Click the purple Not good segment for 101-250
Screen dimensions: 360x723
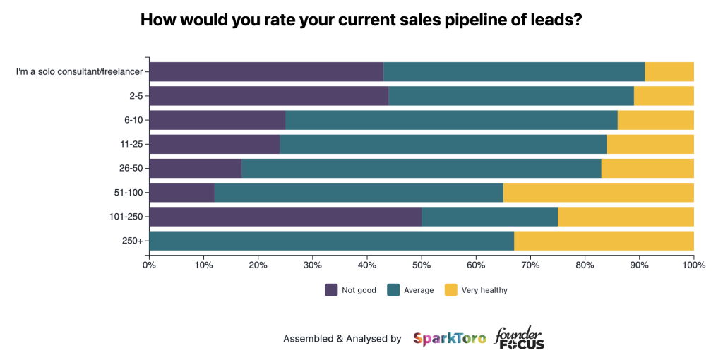click(x=285, y=217)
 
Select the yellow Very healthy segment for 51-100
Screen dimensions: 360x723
click(x=599, y=193)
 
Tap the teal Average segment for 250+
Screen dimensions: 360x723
click(x=332, y=241)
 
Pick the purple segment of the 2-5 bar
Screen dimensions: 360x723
click(x=269, y=96)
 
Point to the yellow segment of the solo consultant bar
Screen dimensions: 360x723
click(x=669, y=72)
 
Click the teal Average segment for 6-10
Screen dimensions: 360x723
click(x=452, y=120)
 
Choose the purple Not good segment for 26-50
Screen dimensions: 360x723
click(x=196, y=168)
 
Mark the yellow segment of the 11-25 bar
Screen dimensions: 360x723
click(x=650, y=144)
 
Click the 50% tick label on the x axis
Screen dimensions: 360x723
click(x=422, y=265)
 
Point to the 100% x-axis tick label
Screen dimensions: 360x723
click(x=694, y=265)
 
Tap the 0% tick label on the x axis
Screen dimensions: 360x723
click(x=149, y=265)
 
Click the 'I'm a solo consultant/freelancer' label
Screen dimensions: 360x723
click(x=79, y=72)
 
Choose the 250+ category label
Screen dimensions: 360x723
click(x=133, y=241)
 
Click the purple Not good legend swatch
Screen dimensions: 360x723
click(x=331, y=290)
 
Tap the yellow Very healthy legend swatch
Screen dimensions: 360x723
click(x=451, y=290)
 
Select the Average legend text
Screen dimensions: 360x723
click(x=419, y=290)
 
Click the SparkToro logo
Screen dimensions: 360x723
click(x=449, y=339)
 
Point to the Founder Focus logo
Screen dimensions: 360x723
click(x=519, y=338)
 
